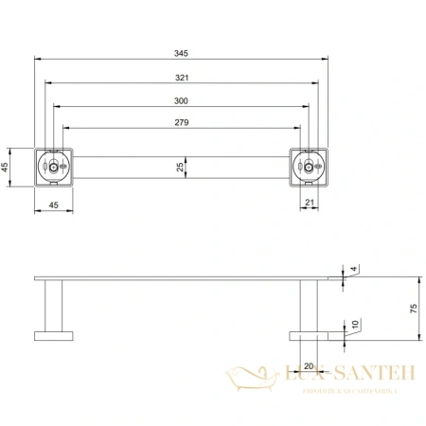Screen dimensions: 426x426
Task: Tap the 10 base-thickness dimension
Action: [354, 325]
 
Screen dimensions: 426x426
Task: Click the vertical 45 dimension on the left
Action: [8, 168]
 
